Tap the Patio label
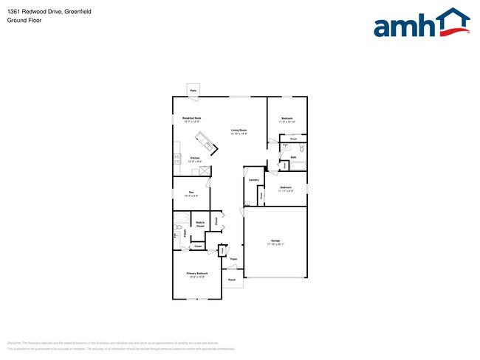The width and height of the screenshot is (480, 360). [193, 90]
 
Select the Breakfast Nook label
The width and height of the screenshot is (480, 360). [192, 119]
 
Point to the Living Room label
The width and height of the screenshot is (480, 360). [239, 131]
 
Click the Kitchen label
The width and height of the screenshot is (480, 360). [195, 158]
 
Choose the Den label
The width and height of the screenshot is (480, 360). [191, 193]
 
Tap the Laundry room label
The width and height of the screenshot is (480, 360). [253, 180]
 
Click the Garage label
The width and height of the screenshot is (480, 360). [275, 241]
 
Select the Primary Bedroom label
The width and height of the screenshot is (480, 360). [197, 274]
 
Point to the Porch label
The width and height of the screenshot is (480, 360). [231, 280]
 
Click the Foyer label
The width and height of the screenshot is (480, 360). [233, 259]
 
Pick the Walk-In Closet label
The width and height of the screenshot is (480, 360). [200, 225]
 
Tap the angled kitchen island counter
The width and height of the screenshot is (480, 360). [205, 142]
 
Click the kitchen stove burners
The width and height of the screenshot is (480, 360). [176, 157]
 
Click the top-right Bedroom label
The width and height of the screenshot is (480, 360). [287, 118]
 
